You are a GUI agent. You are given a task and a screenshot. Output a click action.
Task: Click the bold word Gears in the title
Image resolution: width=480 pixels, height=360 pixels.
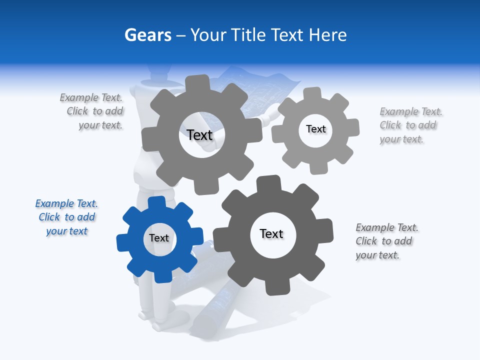point(148,35)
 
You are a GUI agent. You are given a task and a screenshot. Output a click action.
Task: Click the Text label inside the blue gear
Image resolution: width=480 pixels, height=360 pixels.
point(159,238)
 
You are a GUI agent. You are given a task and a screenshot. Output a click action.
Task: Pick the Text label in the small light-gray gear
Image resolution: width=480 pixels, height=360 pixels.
point(315,129)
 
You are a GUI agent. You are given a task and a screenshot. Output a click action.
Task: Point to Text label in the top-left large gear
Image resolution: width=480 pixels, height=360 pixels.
point(199,135)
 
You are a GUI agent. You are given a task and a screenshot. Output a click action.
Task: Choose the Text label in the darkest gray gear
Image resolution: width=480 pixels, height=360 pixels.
point(271,233)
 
